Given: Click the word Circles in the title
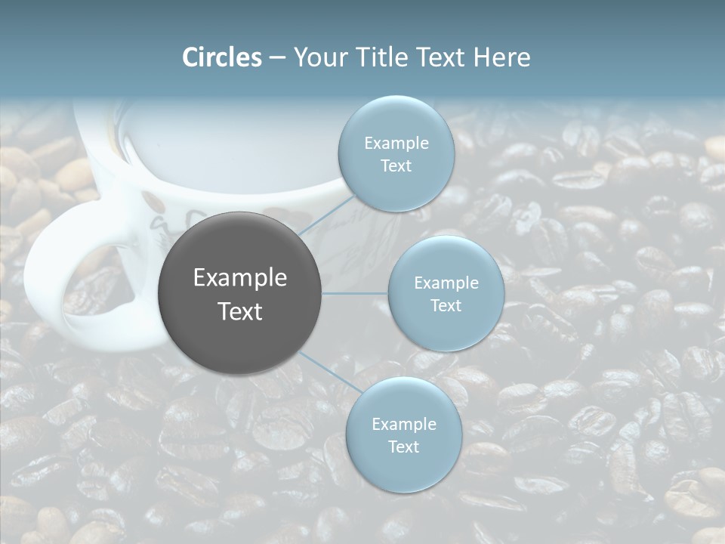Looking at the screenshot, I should coord(222,57).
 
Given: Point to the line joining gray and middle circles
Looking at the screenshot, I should coord(355,293).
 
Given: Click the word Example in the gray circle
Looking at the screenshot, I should coord(239,278).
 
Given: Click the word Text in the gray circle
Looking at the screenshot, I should coord(239,311).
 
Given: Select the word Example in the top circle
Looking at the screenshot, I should coord(396,143).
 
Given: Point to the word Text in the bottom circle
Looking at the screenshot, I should coord(403,447).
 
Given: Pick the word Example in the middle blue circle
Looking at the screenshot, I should coord(446,283).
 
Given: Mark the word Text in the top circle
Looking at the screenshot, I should coord(396,165).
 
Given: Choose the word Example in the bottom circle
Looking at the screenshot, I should coord(403,424).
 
